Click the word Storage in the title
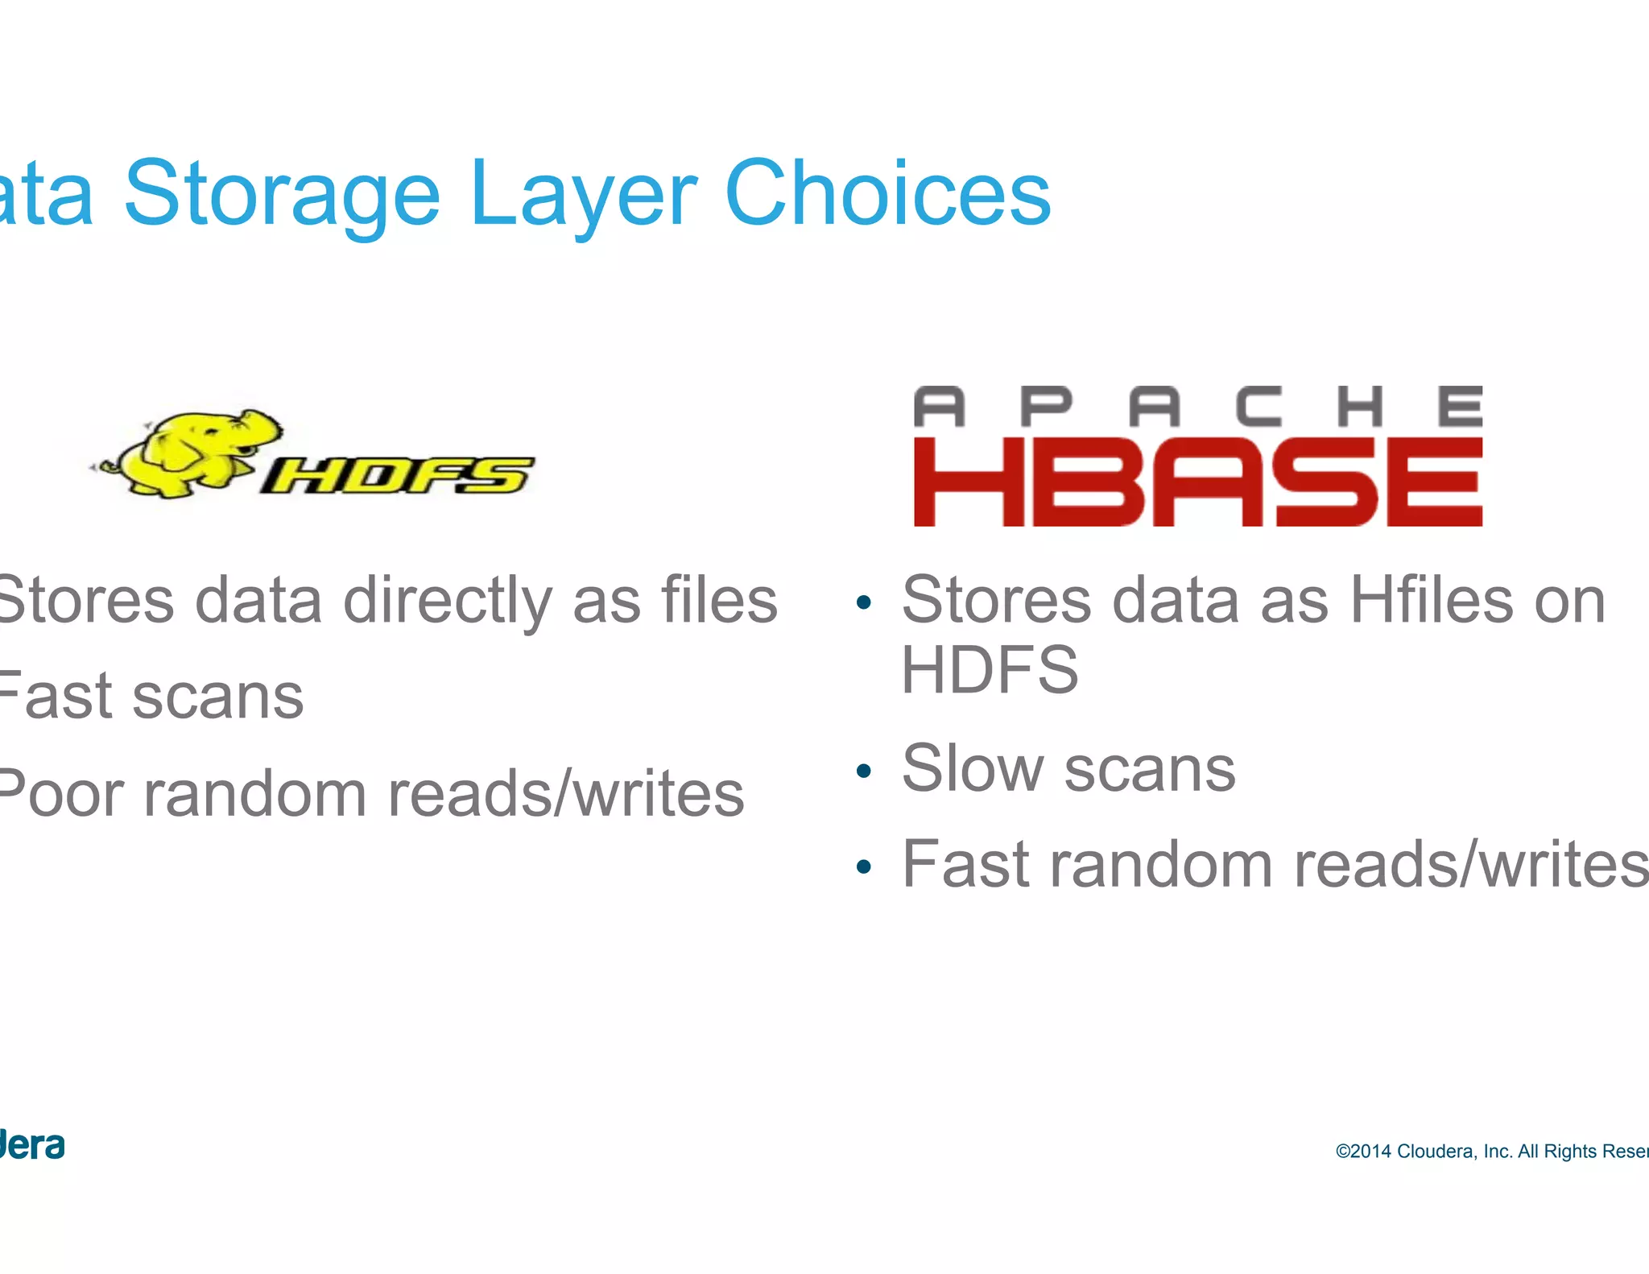tap(282, 196)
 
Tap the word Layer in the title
tap(583, 196)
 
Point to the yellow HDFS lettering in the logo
tap(396, 475)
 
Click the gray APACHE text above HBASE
tap(1197, 407)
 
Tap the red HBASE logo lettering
tap(1197, 482)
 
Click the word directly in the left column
tap(448, 601)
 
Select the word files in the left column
tap(719, 601)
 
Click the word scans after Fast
tap(217, 697)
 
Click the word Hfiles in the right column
tap(1432, 601)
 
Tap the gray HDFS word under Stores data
tap(990, 670)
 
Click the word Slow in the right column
tap(972, 768)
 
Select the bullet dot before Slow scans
tap(864, 771)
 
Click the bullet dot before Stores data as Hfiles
tap(864, 603)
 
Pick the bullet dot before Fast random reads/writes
tap(864, 867)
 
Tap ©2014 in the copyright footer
tap(1363, 1152)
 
